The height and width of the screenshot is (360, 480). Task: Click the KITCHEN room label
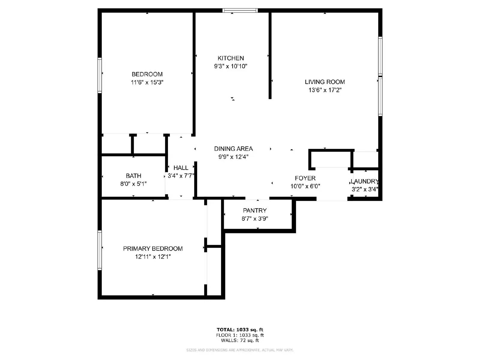point(231,58)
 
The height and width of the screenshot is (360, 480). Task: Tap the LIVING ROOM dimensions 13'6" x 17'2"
point(325,90)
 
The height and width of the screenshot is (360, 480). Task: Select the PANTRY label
point(255,211)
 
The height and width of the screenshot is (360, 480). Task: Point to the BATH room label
point(133,176)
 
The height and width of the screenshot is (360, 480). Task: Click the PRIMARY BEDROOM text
point(153,249)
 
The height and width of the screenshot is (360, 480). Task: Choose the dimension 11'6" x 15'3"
point(147,82)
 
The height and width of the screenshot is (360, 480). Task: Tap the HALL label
point(181,168)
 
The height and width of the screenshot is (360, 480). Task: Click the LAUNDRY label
point(365,181)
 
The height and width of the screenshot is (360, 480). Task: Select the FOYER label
point(305,178)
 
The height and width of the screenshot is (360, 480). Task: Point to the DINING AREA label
point(233,149)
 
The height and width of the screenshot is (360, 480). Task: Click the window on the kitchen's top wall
point(240,10)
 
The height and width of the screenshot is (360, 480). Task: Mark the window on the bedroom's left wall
point(100,75)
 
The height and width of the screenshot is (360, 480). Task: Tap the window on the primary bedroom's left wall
point(100,250)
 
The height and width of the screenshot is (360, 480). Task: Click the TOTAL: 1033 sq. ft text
point(240,330)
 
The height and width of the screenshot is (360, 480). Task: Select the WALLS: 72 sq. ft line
point(240,340)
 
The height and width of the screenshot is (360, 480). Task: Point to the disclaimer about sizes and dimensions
point(240,350)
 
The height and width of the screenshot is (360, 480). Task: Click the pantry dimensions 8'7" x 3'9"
point(255,219)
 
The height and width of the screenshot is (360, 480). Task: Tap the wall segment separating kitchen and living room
point(270,55)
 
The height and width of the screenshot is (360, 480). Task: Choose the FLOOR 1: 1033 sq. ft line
point(240,335)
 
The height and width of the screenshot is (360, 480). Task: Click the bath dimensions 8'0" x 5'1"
point(133,184)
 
